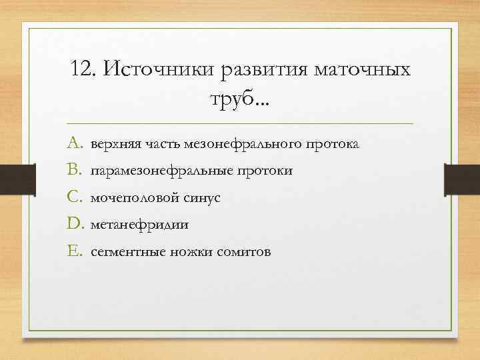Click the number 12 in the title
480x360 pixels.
(x=81, y=69)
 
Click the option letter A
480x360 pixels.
(x=73, y=143)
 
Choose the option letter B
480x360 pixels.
(x=73, y=171)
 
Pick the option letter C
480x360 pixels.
(x=73, y=198)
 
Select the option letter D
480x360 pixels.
(x=73, y=225)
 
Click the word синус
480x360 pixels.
(x=199, y=199)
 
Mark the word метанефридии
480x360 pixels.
(x=139, y=225)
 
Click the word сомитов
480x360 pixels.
(x=244, y=253)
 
